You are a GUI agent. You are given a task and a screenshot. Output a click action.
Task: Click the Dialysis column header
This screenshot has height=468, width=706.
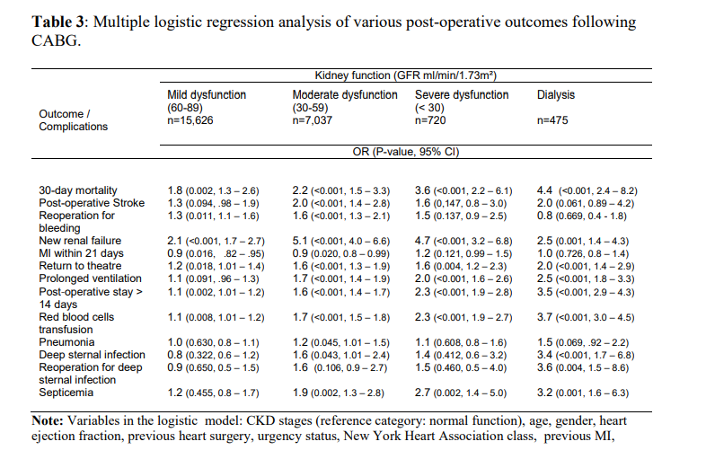[556, 94]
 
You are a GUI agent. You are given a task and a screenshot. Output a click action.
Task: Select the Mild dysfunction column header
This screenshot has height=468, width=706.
[207, 94]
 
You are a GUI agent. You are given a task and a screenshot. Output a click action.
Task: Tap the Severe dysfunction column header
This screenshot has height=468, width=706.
[462, 94]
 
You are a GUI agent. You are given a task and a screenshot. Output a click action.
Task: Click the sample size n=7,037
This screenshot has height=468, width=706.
[312, 120]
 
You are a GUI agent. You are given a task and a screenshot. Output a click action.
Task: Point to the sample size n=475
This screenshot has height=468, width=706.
[552, 120]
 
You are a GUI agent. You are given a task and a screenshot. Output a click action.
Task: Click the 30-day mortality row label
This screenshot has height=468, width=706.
[78, 190]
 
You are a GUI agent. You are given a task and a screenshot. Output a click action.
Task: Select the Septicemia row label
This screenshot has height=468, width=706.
[66, 393]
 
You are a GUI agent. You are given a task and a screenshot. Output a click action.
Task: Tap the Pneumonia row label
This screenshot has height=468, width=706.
[66, 342]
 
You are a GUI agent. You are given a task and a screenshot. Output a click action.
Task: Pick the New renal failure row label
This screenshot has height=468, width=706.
[80, 241]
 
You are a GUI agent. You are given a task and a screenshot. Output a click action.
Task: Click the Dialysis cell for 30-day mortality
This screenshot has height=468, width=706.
[587, 190]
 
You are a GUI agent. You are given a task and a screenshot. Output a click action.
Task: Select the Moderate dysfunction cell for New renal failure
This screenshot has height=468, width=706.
[341, 241]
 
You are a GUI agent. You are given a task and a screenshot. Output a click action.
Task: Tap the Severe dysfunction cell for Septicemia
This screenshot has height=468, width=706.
[461, 393]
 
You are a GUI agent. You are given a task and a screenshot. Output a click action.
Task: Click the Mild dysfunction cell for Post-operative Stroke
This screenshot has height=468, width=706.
[214, 203]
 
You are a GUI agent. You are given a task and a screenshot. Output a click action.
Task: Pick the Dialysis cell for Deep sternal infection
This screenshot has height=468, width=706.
[586, 355]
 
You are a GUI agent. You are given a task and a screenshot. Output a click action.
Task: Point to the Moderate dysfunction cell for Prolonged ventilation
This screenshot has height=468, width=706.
[341, 278]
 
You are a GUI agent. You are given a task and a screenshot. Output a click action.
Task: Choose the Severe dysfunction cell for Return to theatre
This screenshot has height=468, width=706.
[461, 266]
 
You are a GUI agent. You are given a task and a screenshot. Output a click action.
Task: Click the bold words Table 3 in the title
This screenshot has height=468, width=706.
[58, 22]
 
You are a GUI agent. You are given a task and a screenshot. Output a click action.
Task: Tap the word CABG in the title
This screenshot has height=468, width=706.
[55, 40]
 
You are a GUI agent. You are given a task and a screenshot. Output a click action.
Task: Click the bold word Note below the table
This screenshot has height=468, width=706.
[47, 420]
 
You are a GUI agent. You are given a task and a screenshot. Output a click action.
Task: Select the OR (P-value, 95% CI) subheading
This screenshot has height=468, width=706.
[406, 152]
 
